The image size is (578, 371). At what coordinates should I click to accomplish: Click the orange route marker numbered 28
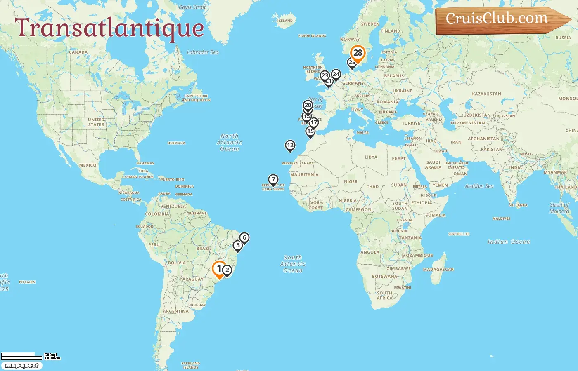[x=358, y=53]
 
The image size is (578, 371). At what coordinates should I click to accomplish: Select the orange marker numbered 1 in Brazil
[x=219, y=269]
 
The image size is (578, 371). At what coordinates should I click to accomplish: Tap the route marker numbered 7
[x=273, y=180]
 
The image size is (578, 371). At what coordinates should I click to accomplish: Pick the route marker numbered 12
[x=290, y=146]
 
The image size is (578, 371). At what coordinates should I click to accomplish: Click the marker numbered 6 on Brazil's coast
[x=244, y=238]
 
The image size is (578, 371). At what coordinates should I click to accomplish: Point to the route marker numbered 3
[x=237, y=246]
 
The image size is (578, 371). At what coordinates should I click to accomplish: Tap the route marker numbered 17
[x=314, y=123]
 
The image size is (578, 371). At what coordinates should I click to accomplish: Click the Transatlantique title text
[x=109, y=28]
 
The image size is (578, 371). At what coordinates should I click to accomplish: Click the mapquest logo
[x=21, y=366]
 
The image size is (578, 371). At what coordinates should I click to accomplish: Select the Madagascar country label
[x=438, y=270]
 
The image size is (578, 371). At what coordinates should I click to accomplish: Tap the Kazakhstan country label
[x=486, y=94]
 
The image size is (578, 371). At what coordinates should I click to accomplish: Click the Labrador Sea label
[x=202, y=52]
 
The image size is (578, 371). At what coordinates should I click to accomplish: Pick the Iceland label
[x=285, y=21]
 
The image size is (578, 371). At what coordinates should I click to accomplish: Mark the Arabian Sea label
[x=479, y=186]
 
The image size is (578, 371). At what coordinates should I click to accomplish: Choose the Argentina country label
[x=175, y=311]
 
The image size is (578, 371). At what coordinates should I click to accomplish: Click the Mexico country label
[x=88, y=165]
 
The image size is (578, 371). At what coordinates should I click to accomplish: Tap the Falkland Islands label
[x=190, y=365]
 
